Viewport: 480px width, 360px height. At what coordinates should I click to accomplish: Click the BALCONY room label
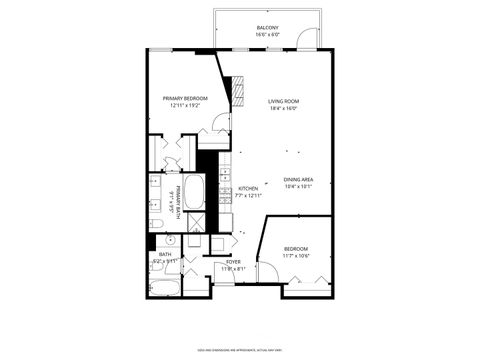pyautogui.click(x=267, y=27)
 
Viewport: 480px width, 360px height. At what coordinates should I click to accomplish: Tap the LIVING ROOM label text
pyautogui.click(x=283, y=101)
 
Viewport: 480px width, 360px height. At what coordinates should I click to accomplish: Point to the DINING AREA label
pyautogui.click(x=298, y=179)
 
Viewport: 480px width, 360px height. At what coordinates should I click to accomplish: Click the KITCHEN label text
pyautogui.click(x=248, y=188)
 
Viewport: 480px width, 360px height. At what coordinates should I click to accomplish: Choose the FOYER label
pyautogui.click(x=232, y=261)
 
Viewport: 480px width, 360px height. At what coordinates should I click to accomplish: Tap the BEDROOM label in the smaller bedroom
pyautogui.click(x=295, y=248)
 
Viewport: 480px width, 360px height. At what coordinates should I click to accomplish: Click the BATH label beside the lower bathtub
pyautogui.click(x=165, y=254)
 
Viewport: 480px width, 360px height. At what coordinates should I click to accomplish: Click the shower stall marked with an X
pyautogui.click(x=197, y=222)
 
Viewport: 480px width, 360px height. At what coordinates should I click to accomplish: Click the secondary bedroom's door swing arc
pyautogui.click(x=267, y=271)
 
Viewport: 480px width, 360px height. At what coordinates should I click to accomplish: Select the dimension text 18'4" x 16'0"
pyautogui.click(x=283, y=109)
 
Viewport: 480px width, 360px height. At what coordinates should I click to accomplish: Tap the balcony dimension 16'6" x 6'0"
pyautogui.click(x=267, y=35)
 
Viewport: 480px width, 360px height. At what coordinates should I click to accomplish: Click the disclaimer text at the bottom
pyautogui.click(x=240, y=350)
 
